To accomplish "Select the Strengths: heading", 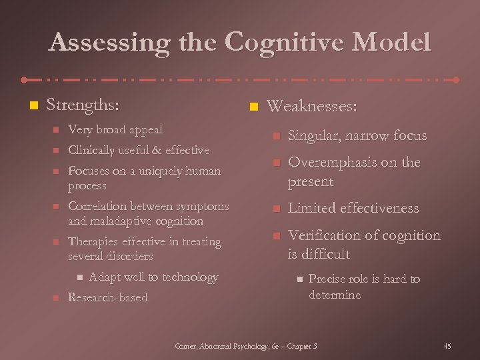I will (83, 105).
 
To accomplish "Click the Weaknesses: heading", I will (312, 107).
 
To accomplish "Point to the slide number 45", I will (447, 346).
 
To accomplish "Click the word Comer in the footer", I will (187, 346).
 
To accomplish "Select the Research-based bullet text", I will (108, 297).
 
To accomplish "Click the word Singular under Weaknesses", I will (311, 136).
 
